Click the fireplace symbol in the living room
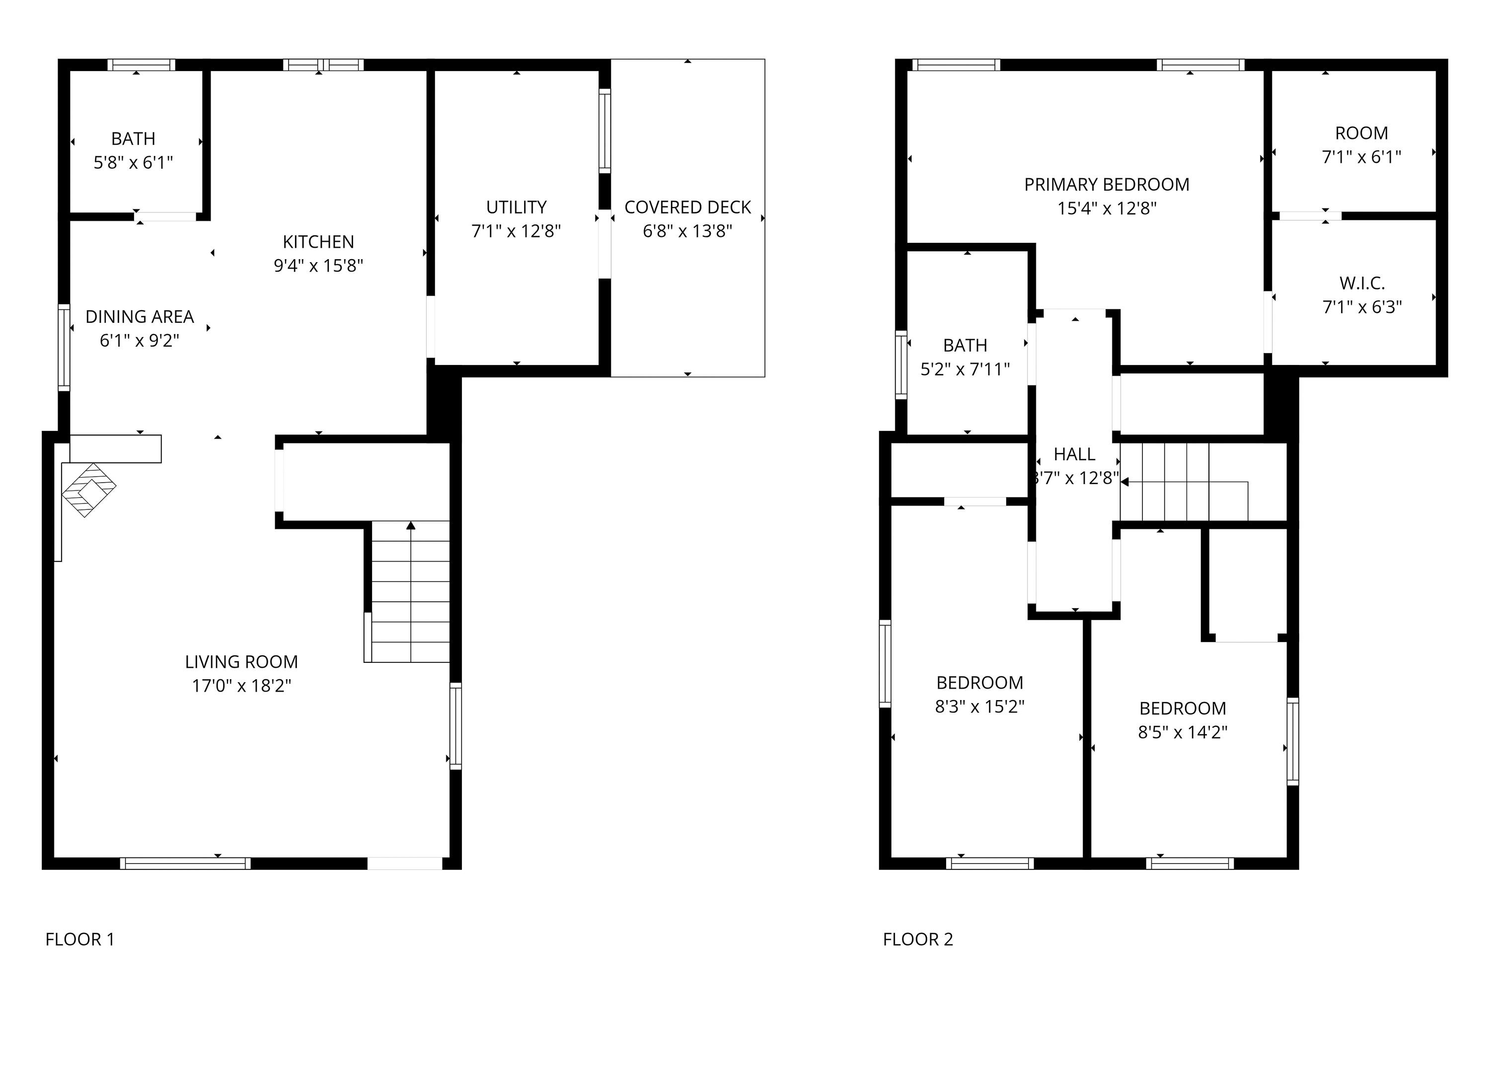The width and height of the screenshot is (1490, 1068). pos(89,490)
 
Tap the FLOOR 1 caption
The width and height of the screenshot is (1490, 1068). pos(79,940)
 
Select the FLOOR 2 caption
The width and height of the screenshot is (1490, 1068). pos(918,940)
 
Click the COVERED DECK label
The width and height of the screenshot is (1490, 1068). pos(687,207)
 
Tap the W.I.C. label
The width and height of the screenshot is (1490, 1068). pos(1362,283)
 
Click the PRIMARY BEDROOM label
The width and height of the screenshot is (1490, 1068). pos(1107,185)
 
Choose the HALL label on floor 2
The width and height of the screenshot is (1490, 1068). pos(1074,454)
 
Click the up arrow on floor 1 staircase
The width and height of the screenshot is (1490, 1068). pos(411,525)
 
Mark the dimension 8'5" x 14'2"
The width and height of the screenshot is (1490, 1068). pos(1183,732)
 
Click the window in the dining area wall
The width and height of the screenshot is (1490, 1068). pos(64,348)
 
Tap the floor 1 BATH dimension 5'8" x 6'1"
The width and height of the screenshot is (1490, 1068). pos(134,162)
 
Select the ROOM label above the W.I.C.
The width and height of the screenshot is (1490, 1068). pos(1361,133)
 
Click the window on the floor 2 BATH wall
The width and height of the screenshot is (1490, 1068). pos(901,364)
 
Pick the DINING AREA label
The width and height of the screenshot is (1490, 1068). pos(140,317)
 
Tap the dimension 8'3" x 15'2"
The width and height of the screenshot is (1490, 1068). pos(979,707)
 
